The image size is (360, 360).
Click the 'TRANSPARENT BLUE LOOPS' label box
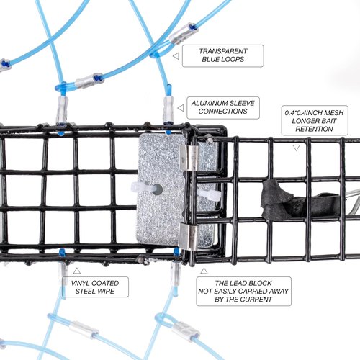pos(223,55)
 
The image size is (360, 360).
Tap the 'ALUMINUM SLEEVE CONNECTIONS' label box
pos(223,108)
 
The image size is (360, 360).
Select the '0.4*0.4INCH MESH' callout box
pos(315,120)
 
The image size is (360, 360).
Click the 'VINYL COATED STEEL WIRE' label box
pos(95,287)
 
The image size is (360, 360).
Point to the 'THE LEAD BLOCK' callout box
pos(243,291)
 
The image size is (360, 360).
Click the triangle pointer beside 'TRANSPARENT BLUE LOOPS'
pos(176,56)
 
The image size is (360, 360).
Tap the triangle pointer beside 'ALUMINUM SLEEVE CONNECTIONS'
pos(181,108)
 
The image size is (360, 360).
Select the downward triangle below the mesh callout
pos(297,148)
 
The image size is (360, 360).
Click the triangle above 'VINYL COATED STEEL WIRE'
pos(77,271)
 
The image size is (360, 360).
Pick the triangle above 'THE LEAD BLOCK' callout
pos(204,271)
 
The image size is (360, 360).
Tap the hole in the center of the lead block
pos(158,189)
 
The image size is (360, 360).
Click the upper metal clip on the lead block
pos(189,157)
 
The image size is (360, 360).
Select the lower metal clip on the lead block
pos(189,236)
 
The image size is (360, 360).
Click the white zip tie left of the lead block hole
pos(142,187)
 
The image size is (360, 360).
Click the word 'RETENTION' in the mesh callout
pos(314,129)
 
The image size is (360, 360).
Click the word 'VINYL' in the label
pos(81,283)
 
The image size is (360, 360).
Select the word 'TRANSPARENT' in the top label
pos(223,51)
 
